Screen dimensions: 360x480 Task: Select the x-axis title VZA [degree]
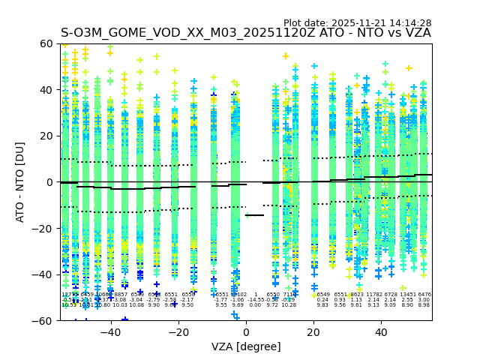coord(246,346)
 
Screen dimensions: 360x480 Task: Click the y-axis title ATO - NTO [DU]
coord(20,182)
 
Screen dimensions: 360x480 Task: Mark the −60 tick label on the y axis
coord(44,320)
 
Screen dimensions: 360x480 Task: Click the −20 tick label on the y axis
coord(44,228)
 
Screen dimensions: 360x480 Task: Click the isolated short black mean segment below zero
coord(255,215)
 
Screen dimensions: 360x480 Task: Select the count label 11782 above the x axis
coord(373,295)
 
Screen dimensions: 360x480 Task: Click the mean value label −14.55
coord(255,300)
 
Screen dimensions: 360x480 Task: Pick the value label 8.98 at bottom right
coord(424,305)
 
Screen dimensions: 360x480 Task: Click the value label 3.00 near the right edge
coord(424,300)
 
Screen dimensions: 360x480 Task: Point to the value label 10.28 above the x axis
coord(289,305)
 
